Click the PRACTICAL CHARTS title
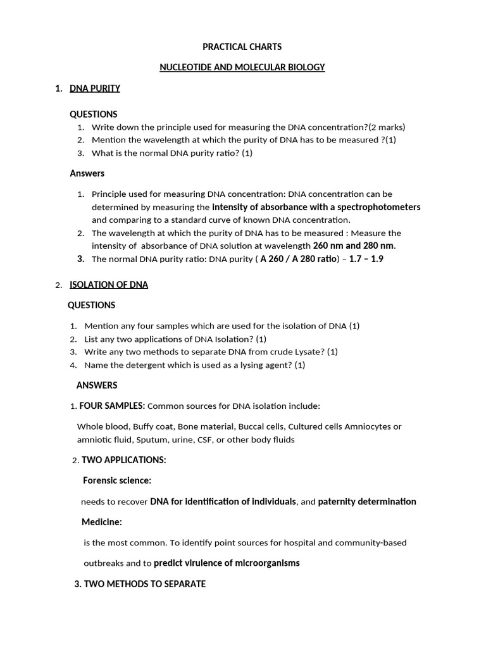tap(242, 47)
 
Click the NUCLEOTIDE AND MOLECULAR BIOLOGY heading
tap(242, 68)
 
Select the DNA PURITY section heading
tap(95, 89)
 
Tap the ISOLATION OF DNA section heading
tap(109, 285)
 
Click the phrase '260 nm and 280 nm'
tap(354, 246)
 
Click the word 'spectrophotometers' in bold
tap(379, 207)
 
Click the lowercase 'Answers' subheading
tap(87, 173)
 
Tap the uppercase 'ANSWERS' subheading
tap(97, 385)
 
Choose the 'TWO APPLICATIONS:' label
tap(124, 460)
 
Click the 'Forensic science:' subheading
tap(117, 481)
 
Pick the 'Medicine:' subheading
tap(102, 522)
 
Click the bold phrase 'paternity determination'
tap(367, 502)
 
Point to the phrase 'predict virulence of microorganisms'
tap(227, 563)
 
